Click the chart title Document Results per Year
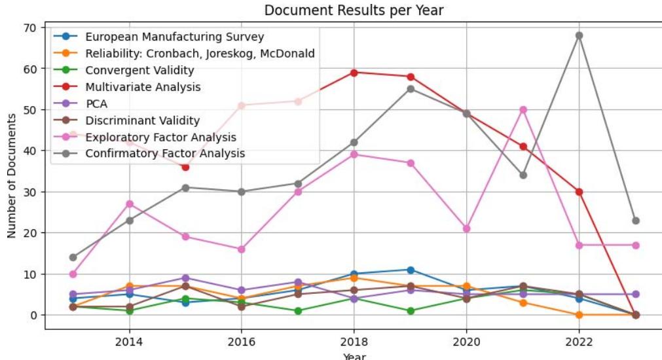[354, 10]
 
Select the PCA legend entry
[97, 103]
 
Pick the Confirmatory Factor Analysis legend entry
[165, 154]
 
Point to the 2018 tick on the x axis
[354, 341]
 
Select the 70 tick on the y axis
[29, 27]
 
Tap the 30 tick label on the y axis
[29, 192]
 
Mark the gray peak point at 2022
[579, 35]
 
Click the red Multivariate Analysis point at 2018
[354, 73]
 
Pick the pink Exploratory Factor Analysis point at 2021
[523, 109]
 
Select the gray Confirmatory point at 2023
[635, 221]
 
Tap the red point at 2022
[579, 192]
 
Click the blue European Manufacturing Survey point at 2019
[410, 270]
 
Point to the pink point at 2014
[129, 204]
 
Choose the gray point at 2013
[73, 257]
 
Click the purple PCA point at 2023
[635, 295]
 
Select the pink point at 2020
[466, 228]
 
